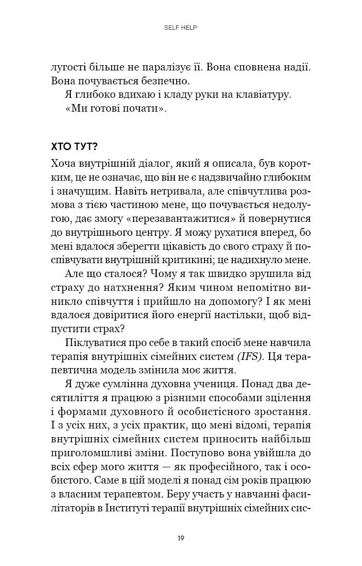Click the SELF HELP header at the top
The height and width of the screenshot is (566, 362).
181,28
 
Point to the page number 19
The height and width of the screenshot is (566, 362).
181,538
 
